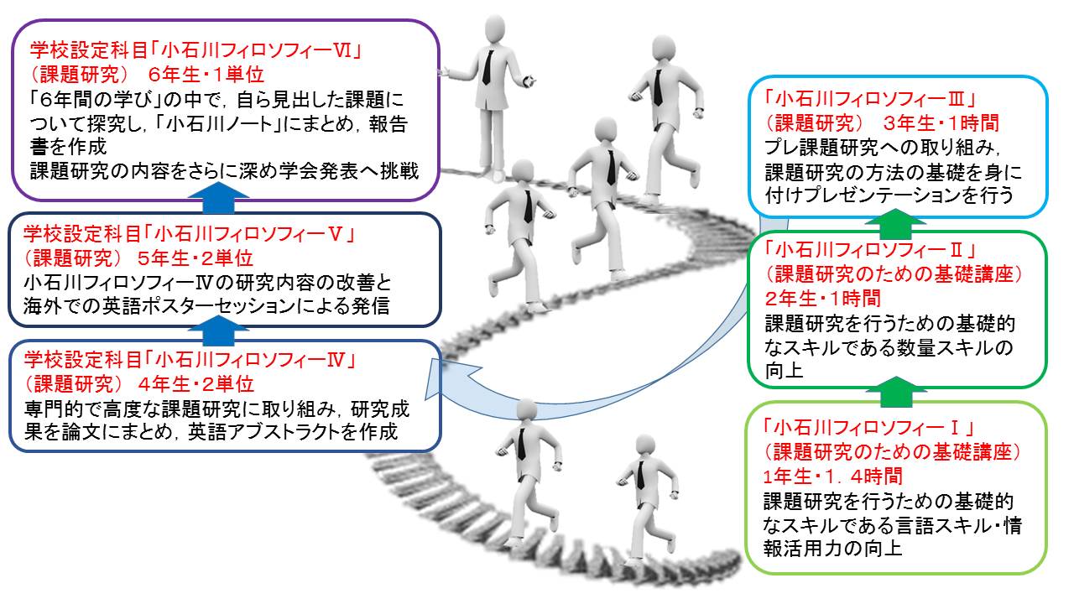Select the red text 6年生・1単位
pyautogui.click(x=206, y=75)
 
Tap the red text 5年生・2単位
pyautogui.click(x=196, y=259)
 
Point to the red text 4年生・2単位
pyautogui.click(x=196, y=384)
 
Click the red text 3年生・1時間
pyautogui.click(x=941, y=123)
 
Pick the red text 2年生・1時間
pyautogui.click(x=823, y=299)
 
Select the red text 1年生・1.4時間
pyautogui.click(x=833, y=476)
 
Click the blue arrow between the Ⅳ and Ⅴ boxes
pyautogui.click(x=218, y=331)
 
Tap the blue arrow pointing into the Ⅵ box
pyautogui.click(x=218, y=198)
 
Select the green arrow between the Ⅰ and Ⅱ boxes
pyautogui.click(x=895, y=392)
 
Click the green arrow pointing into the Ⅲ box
pyautogui.click(x=895, y=224)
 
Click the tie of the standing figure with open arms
pyautogui.click(x=487, y=68)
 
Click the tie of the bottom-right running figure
pyautogui.click(x=640, y=475)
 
